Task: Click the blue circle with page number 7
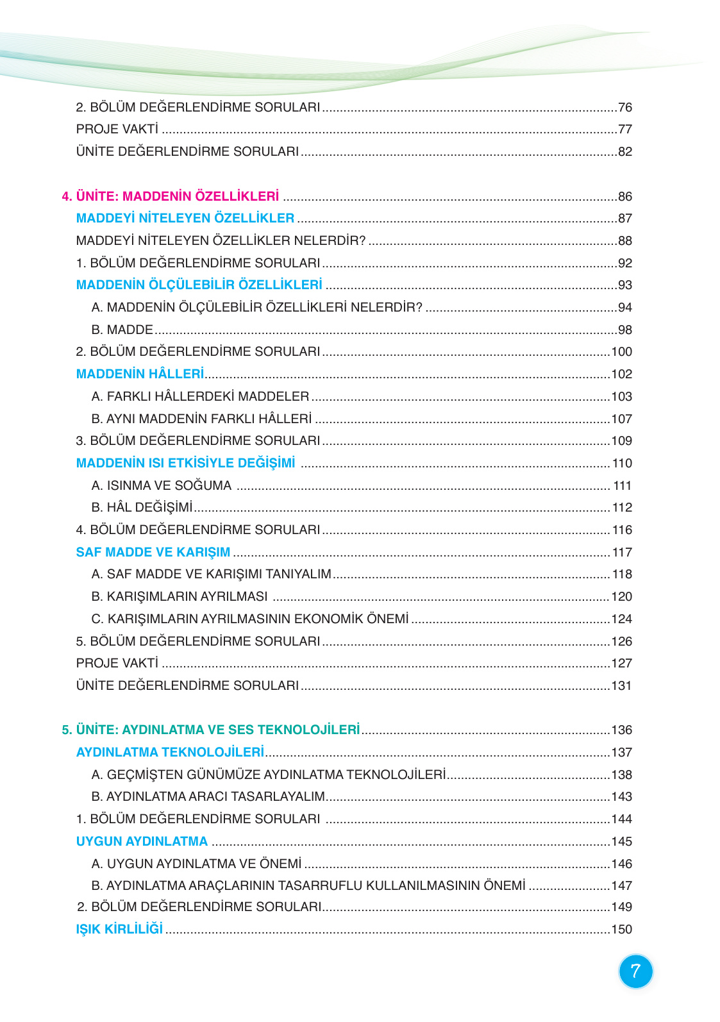pyautogui.click(x=635, y=971)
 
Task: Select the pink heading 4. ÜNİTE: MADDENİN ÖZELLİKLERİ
pyautogui.click(x=171, y=196)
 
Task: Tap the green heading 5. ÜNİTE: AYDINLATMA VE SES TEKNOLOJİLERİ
pyautogui.click(x=211, y=730)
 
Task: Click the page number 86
pyautogui.click(x=625, y=196)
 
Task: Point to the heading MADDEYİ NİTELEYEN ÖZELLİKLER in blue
pyautogui.click(x=185, y=218)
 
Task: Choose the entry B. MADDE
pyautogui.click(x=122, y=330)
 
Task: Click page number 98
pyautogui.click(x=625, y=330)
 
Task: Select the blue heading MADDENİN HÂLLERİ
pyautogui.click(x=140, y=374)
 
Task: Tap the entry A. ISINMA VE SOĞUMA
pyautogui.click(x=162, y=485)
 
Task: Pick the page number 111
pyautogui.click(x=623, y=485)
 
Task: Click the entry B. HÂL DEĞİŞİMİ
pyautogui.click(x=142, y=507)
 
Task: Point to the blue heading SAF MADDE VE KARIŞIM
pyautogui.click(x=153, y=552)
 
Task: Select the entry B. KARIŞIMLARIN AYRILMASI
pyautogui.click(x=180, y=596)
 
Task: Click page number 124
pyautogui.click(x=622, y=619)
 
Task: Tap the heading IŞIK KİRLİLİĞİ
pyautogui.click(x=119, y=929)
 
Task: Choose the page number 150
pyautogui.click(x=622, y=929)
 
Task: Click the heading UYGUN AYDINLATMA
pyautogui.click(x=142, y=841)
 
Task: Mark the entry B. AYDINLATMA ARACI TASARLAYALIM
pyautogui.click(x=208, y=796)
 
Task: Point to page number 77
pyautogui.click(x=625, y=129)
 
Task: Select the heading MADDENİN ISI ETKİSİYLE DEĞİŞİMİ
pyautogui.click(x=186, y=463)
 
